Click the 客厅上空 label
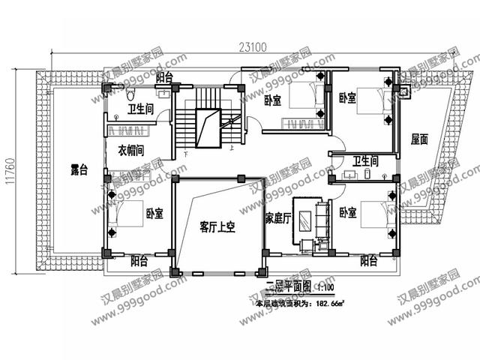[217, 226]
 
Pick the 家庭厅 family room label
[278, 218]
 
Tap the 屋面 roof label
[419, 139]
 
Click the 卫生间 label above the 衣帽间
[140, 109]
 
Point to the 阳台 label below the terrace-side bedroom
[139, 261]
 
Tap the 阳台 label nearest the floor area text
[367, 261]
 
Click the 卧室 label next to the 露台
[155, 213]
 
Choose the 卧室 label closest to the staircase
[272, 101]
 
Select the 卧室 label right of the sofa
[348, 212]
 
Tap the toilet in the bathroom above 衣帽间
[130, 95]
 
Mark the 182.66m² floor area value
[328, 304]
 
